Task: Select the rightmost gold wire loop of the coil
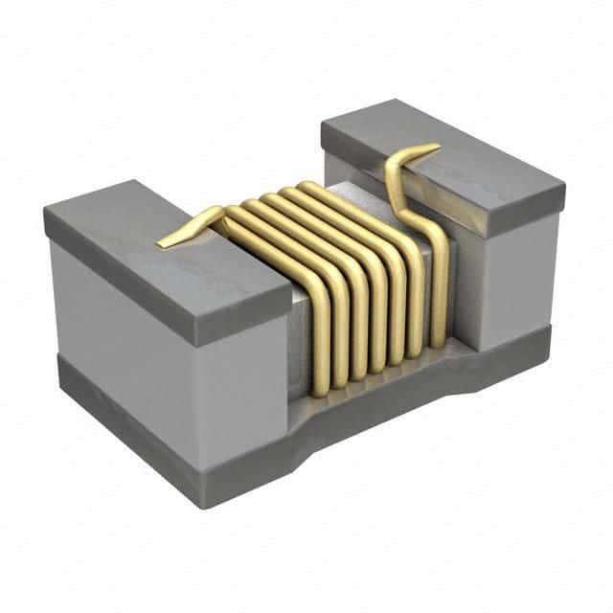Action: [436, 278]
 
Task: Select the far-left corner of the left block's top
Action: [45, 213]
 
